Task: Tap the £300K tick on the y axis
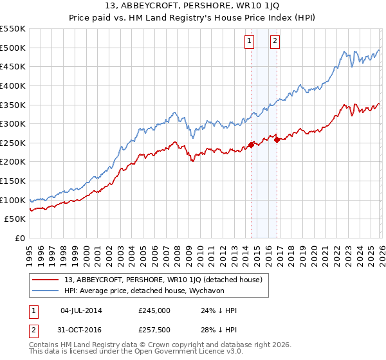(x=13, y=123)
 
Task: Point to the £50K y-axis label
(x=15, y=219)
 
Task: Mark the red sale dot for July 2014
(x=250, y=145)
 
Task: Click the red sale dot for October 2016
(x=277, y=139)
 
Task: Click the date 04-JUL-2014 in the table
(x=84, y=310)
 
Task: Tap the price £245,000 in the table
(x=154, y=310)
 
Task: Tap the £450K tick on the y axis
(x=13, y=66)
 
